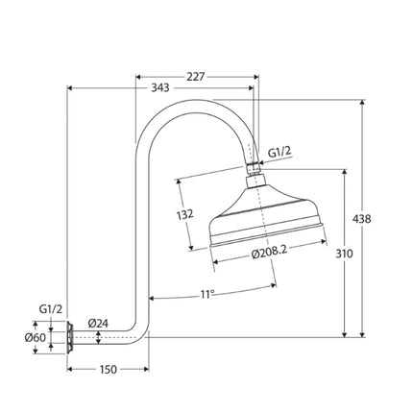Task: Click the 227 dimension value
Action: (x=196, y=77)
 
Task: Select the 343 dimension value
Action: (x=160, y=87)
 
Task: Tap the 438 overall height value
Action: (x=362, y=219)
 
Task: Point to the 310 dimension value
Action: (x=345, y=254)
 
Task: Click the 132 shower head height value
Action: (x=185, y=214)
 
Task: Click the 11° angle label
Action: (x=207, y=294)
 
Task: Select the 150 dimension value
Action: (x=109, y=370)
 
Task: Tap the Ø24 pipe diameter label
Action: (x=98, y=324)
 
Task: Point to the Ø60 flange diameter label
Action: (x=36, y=337)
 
